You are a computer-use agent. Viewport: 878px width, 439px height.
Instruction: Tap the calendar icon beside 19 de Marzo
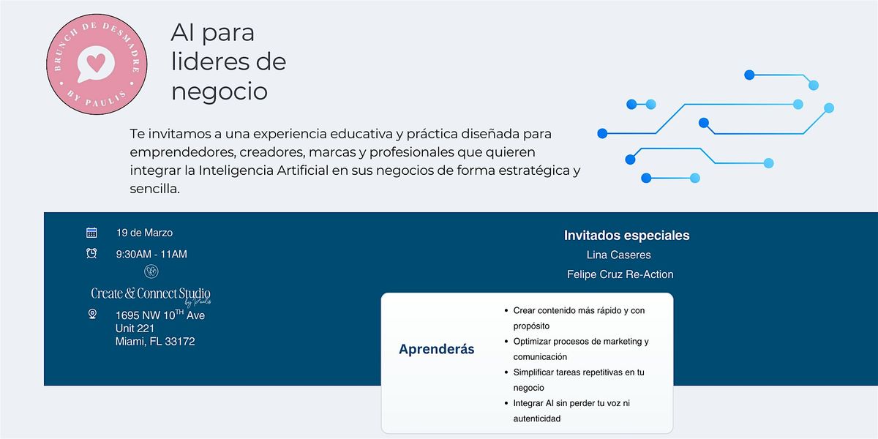91,233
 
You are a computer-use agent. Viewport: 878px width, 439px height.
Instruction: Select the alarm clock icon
91,253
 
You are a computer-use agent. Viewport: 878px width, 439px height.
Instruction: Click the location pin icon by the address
92,314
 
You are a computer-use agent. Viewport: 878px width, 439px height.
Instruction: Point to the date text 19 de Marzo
144,233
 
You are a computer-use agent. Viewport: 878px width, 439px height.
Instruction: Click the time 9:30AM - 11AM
151,255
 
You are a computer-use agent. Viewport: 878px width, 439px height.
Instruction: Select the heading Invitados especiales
627,235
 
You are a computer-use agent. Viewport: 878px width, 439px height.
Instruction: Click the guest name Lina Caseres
618,255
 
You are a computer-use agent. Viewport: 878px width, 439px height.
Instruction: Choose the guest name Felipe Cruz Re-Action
620,274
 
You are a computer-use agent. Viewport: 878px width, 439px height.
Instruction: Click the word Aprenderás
437,349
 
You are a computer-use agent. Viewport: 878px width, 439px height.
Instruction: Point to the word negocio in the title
219,92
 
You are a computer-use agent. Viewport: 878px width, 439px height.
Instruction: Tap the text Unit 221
135,329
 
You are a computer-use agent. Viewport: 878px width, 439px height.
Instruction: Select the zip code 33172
179,342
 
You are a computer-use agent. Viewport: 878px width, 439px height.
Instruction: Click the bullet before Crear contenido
506,311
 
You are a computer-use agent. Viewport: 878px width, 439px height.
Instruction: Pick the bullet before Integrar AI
506,403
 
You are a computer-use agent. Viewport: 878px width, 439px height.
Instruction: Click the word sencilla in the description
155,189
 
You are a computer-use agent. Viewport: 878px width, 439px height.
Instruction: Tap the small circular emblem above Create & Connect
151,271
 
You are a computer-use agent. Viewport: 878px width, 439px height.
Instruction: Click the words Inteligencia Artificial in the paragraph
263,170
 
